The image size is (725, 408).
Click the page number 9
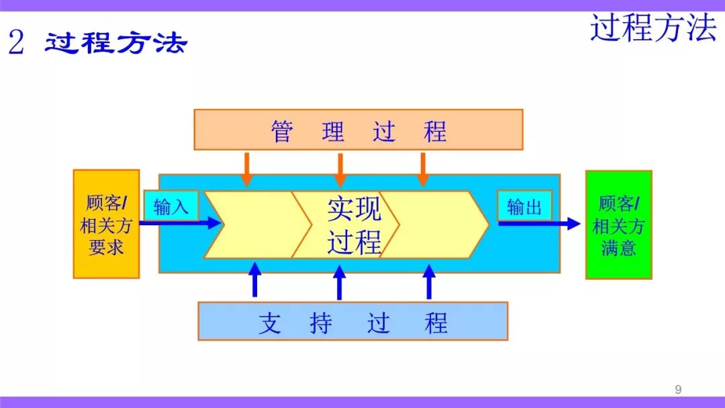click(x=678, y=389)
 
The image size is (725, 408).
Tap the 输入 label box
click(x=171, y=206)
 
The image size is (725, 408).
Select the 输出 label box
click(x=524, y=206)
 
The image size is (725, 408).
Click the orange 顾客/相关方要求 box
click(x=106, y=224)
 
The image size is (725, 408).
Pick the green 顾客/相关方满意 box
click(x=619, y=225)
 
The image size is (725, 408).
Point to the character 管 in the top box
click(x=282, y=131)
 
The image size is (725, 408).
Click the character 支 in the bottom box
click(x=270, y=323)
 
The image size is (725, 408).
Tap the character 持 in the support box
click(x=321, y=323)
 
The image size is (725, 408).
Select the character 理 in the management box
click(x=333, y=131)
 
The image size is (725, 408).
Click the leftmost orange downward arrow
click(x=247, y=169)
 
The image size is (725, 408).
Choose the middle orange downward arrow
click(x=340, y=170)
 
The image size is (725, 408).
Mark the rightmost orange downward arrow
click(x=423, y=169)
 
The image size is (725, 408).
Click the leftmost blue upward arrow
click(x=255, y=280)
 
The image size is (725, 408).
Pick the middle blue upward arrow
click(x=340, y=282)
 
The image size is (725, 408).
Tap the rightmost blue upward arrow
click(x=429, y=282)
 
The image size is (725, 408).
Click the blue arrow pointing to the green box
click(x=539, y=224)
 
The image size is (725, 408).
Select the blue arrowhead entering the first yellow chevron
click(x=214, y=223)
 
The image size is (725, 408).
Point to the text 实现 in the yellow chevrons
click(x=354, y=209)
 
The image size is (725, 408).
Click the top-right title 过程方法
click(x=653, y=28)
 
